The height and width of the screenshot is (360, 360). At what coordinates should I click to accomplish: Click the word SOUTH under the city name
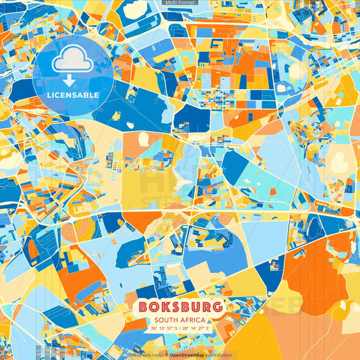click(x=167, y=320)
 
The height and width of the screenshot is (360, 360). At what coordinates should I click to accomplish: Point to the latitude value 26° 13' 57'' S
click(x=164, y=328)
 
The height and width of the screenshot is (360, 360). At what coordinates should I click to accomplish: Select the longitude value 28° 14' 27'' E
click(x=196, y=328)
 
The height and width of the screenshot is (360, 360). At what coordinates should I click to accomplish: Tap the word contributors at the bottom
click(x=218, y=355)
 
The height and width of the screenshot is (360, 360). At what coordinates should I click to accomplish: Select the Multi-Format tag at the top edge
click(x=179, y=3)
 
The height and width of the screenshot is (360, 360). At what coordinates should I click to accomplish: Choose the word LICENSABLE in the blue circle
click(x=73, y=94)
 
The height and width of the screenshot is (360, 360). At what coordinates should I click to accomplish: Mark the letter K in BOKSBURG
click(x=163, y=307)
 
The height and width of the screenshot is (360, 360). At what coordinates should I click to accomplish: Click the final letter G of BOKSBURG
click(x=216, y=307)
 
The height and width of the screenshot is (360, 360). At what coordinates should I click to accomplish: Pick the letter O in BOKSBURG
click(x=152, y=307)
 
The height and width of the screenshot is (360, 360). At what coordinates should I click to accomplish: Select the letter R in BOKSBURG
click(x=205, y=307)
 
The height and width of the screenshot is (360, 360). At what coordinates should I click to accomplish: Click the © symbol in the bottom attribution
click(x=165, y=355)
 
